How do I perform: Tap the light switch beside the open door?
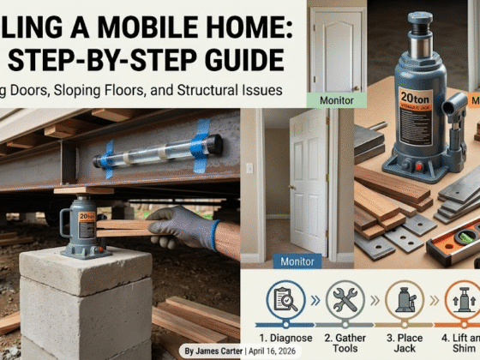point(249,169)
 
